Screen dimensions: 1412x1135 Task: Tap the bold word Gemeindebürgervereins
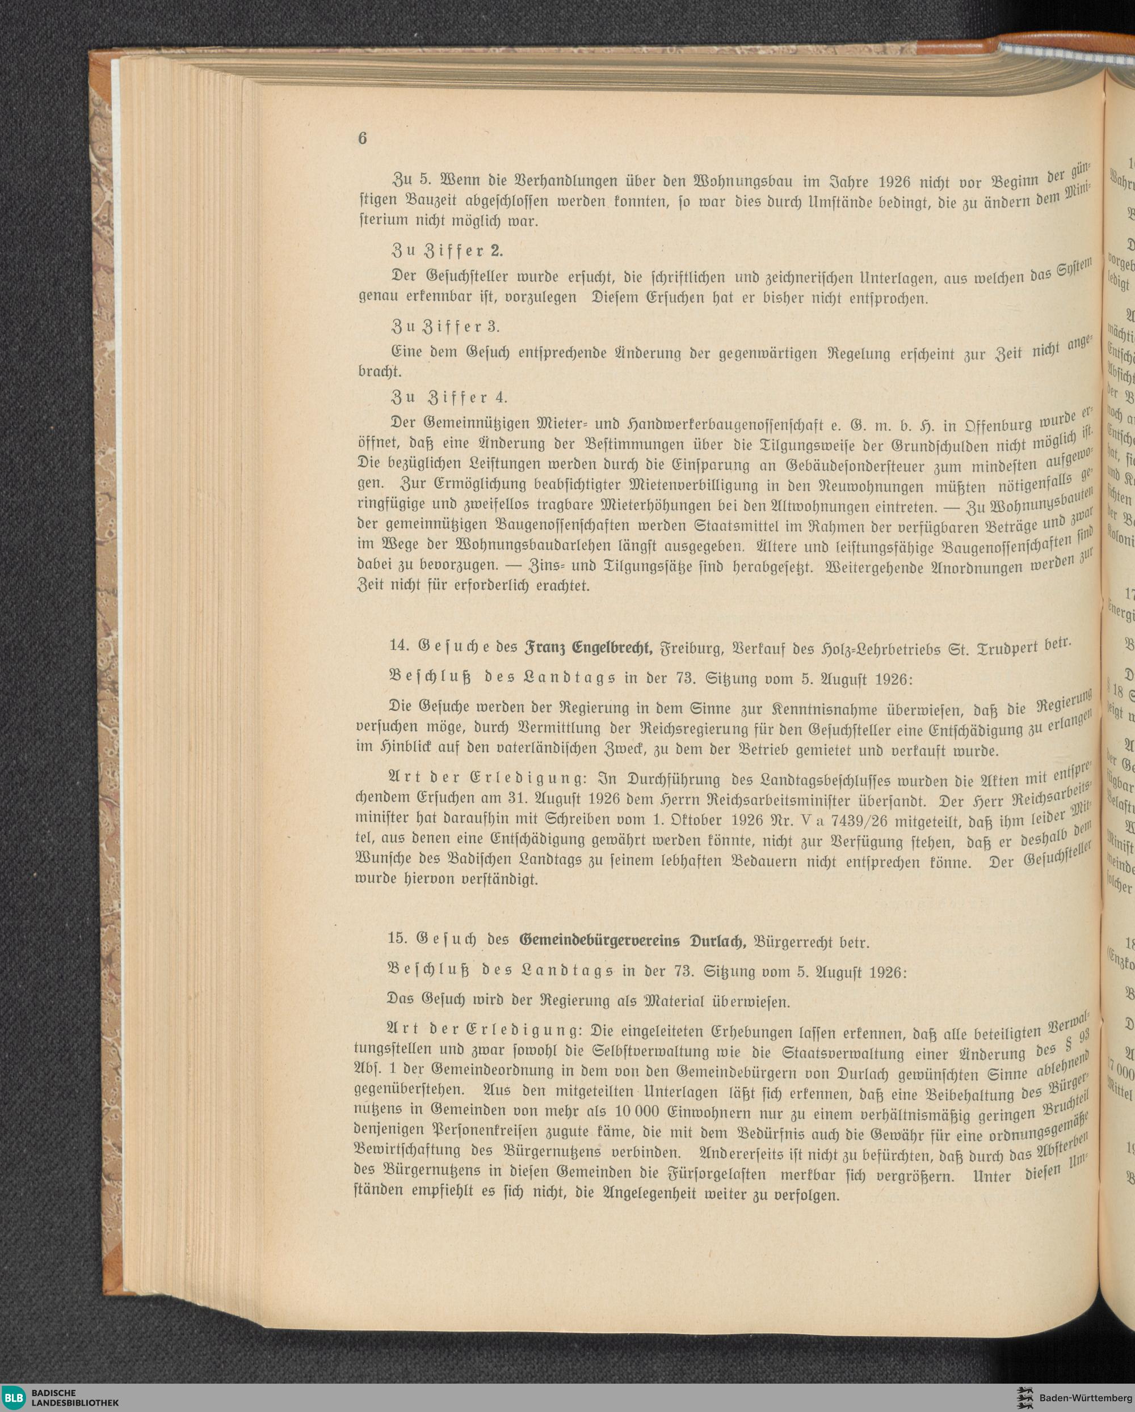point(600,942)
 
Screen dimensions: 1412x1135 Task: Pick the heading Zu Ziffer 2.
point(447,251)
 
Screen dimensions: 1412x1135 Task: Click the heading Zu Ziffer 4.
point(448,398)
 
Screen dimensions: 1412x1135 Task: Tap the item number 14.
point(398,646)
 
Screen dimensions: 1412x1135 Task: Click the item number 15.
point(397,938)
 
